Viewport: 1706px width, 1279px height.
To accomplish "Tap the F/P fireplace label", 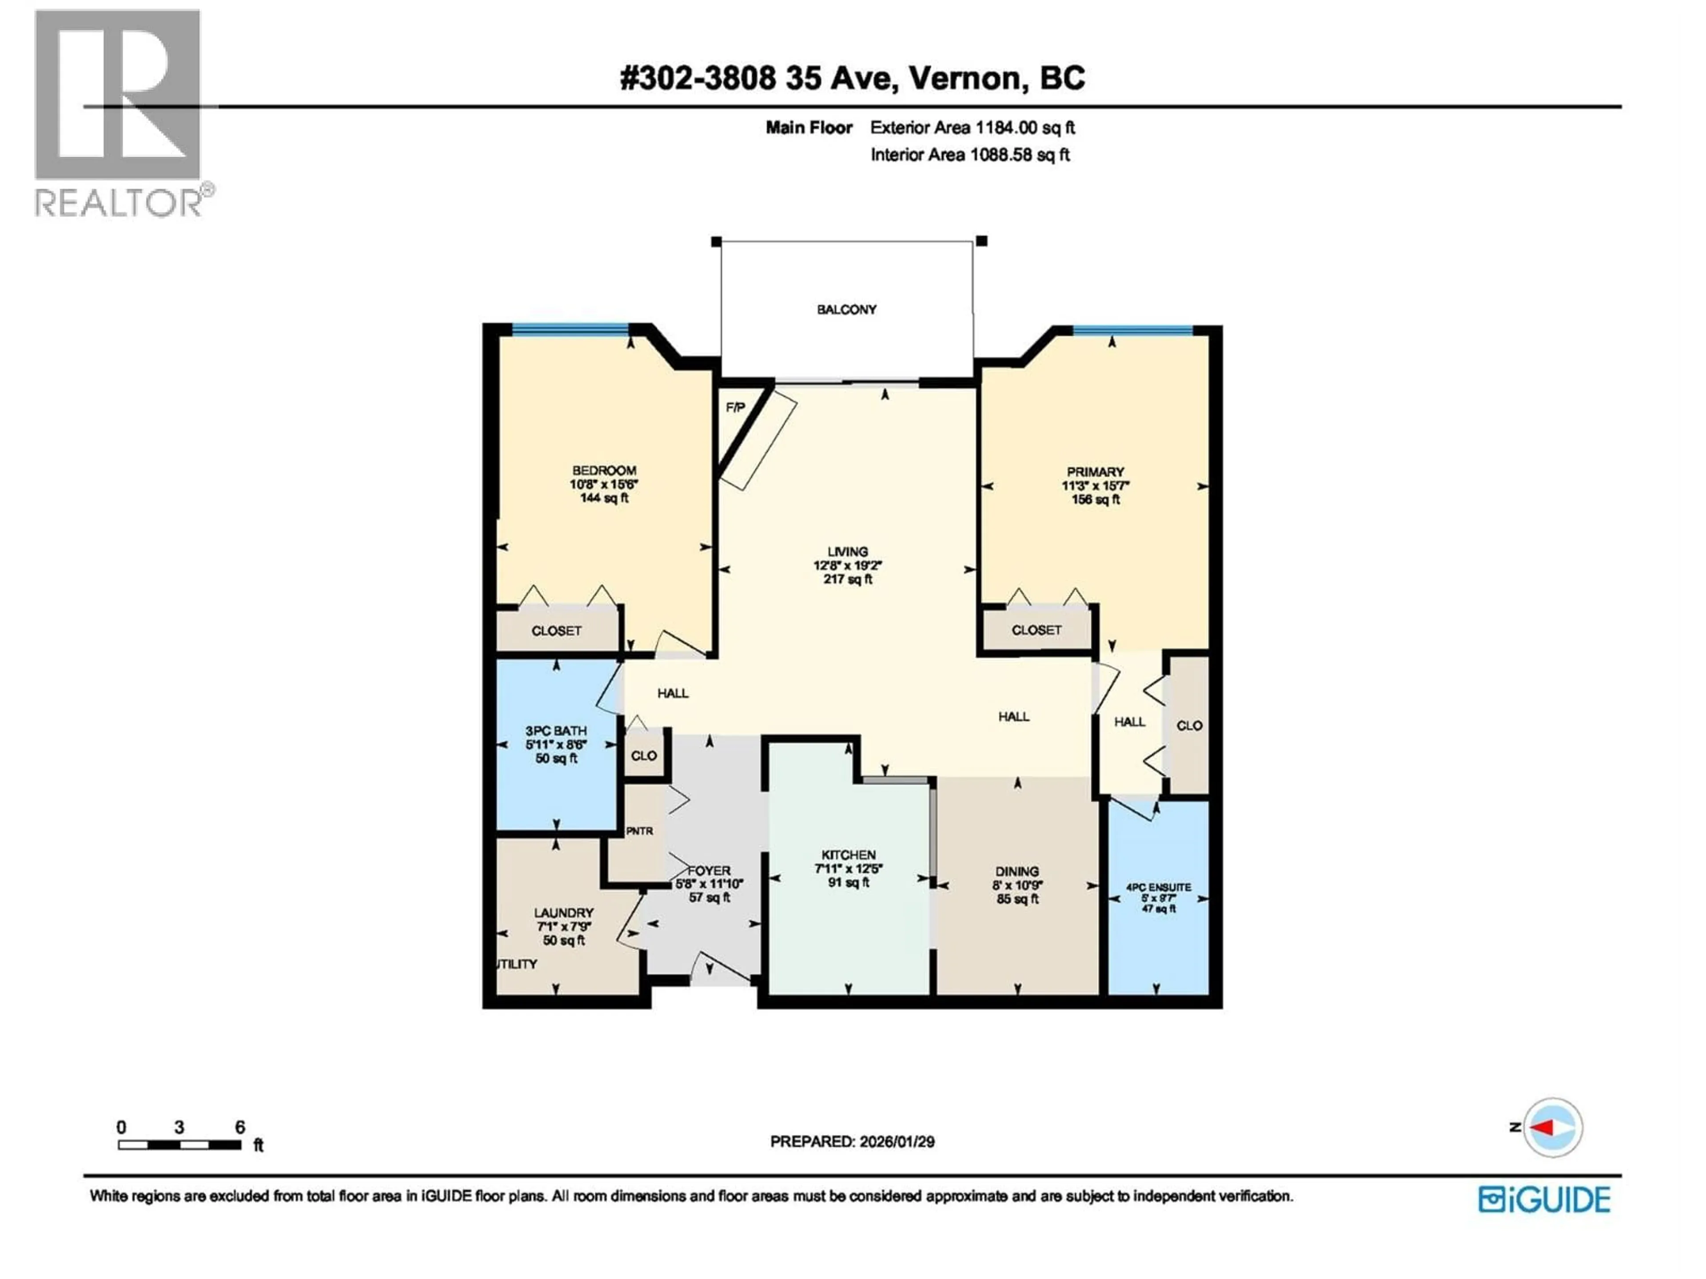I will pos(735,407).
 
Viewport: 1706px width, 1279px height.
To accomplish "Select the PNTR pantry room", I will pos(639,831).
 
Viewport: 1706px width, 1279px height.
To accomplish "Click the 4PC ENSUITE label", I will pos(1158,887).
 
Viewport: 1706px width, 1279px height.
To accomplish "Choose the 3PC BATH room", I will pos(556,744).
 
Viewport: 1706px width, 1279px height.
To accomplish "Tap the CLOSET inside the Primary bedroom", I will pos(1036,630).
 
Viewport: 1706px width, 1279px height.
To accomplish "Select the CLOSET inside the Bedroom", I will pos(556,631).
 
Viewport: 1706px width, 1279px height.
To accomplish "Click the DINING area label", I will pos(1016,871).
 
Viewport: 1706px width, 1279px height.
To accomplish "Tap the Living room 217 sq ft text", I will pos(848,579).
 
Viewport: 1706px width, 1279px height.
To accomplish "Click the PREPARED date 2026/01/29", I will pos(852,1142).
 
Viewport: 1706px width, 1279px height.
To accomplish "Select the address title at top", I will pos(852,78).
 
